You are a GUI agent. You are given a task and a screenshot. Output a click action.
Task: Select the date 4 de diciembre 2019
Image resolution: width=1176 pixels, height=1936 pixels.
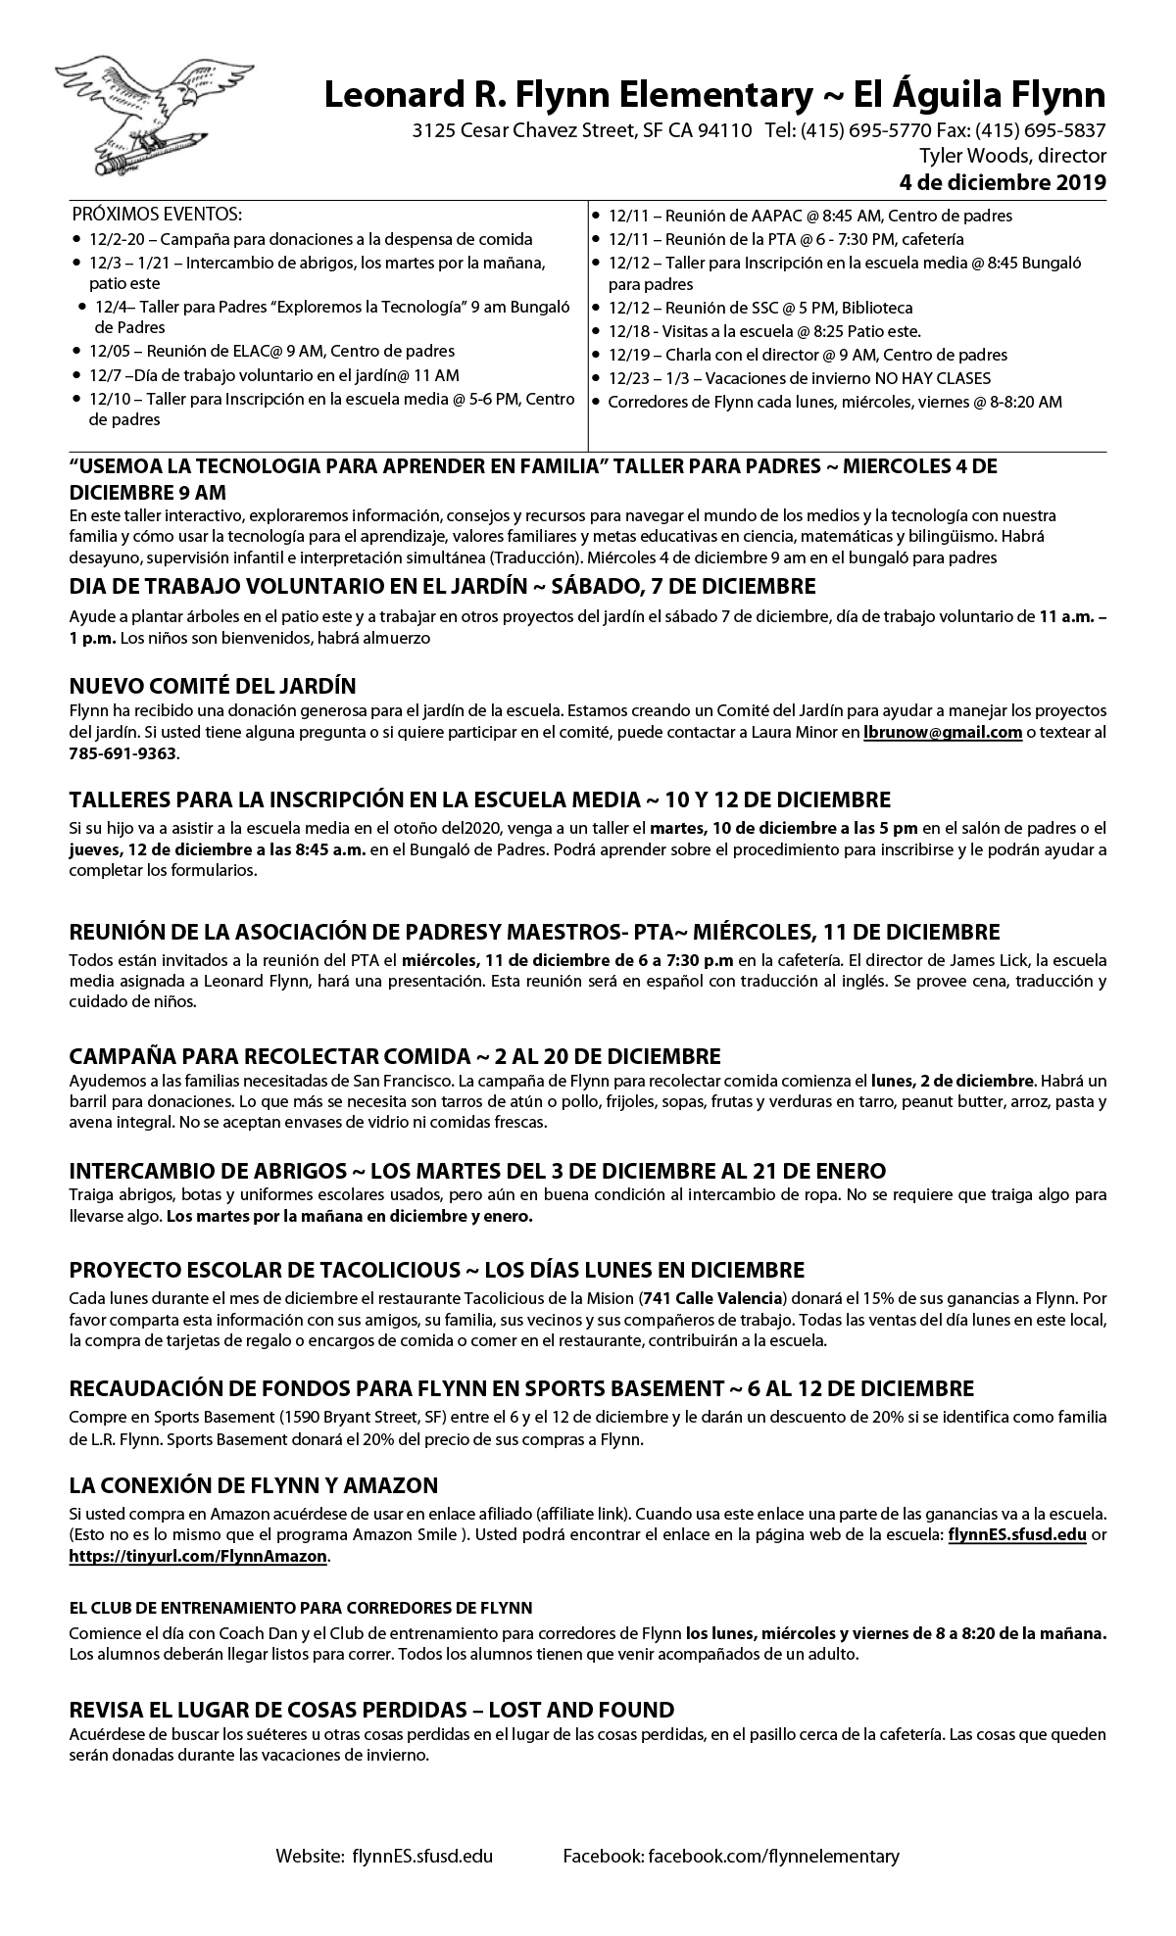click(1003, 181)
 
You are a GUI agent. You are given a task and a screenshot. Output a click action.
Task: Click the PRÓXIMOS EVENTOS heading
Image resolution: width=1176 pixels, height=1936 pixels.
click(157, 215)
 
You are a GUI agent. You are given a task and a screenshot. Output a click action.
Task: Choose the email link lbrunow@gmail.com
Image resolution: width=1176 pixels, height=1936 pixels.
click(943, 732)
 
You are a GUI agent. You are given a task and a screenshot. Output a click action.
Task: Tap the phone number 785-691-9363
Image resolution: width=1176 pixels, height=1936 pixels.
click(123, 754)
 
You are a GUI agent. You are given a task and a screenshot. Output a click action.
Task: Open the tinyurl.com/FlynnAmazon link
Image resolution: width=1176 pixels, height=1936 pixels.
click(198, 1556)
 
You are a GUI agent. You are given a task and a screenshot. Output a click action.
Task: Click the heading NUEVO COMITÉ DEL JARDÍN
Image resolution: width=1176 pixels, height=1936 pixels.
click(213, 685)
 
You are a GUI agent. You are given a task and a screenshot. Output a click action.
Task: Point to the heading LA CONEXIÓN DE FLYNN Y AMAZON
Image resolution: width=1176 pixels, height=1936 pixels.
click(253, 1484)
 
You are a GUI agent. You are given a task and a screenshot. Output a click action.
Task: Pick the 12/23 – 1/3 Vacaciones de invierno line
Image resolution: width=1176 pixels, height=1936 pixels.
click(799, 378)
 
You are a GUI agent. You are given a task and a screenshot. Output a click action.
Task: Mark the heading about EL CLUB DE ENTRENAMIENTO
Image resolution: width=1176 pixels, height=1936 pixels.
click(301, 1608)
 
